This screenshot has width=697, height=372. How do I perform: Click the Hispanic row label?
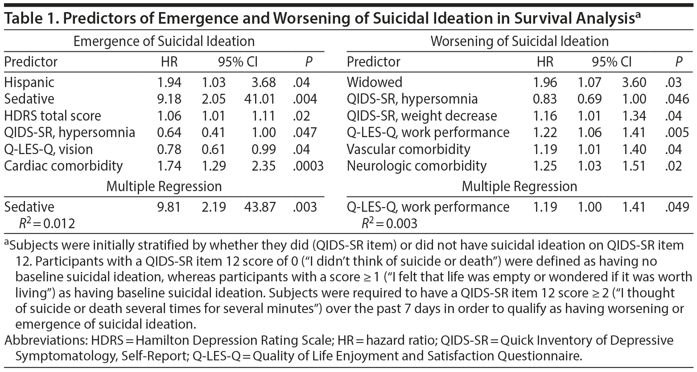29,83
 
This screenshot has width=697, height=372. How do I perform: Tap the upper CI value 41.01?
260,99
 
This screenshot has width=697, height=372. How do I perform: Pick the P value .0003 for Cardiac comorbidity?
308,166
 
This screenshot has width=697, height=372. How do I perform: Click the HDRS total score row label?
53,116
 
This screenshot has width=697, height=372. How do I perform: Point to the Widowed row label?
375,83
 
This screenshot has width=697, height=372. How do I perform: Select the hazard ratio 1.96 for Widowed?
545,83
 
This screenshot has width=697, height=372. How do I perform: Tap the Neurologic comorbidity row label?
417,166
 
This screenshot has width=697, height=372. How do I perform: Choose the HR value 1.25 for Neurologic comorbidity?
545,166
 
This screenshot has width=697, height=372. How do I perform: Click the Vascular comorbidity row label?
408,149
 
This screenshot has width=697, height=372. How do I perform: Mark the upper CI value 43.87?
260,207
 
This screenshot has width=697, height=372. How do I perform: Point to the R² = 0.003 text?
389,223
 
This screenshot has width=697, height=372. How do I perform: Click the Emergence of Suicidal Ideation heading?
164,42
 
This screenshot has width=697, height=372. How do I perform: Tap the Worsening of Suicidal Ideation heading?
520,42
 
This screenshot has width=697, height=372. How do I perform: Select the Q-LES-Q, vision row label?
49,149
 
